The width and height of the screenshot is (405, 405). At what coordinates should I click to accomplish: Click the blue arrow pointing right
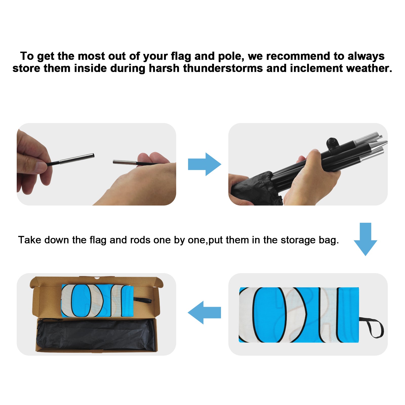pos(205,164)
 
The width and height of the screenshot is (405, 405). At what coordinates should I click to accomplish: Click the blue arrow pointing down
pos(365,239)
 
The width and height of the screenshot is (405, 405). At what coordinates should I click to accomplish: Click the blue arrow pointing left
pos(204,313)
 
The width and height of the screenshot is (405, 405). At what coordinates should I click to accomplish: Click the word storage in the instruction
pos(298,240)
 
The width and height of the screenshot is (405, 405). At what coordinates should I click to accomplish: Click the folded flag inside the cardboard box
pos(97,301)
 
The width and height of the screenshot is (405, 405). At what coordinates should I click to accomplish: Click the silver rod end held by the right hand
pos(125,162)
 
